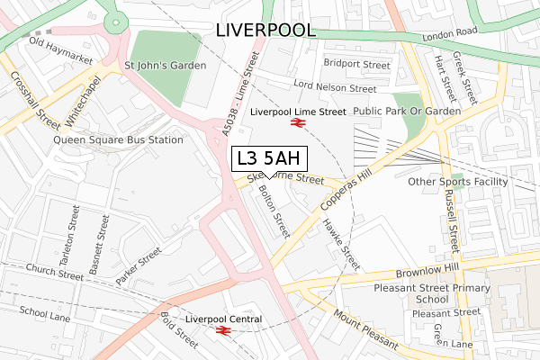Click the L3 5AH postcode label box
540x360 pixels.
[x=270, y=158]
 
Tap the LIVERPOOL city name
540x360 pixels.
[x=265, y=30]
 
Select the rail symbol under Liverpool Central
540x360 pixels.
[x=224, y=331]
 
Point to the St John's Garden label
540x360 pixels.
[x=165, y=66]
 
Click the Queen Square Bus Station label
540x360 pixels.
[x=118, y=139]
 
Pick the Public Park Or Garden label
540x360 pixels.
[x=406, y=111]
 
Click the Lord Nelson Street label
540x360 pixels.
[x=335, y=88]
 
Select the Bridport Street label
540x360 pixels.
[x=356, y=65]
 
